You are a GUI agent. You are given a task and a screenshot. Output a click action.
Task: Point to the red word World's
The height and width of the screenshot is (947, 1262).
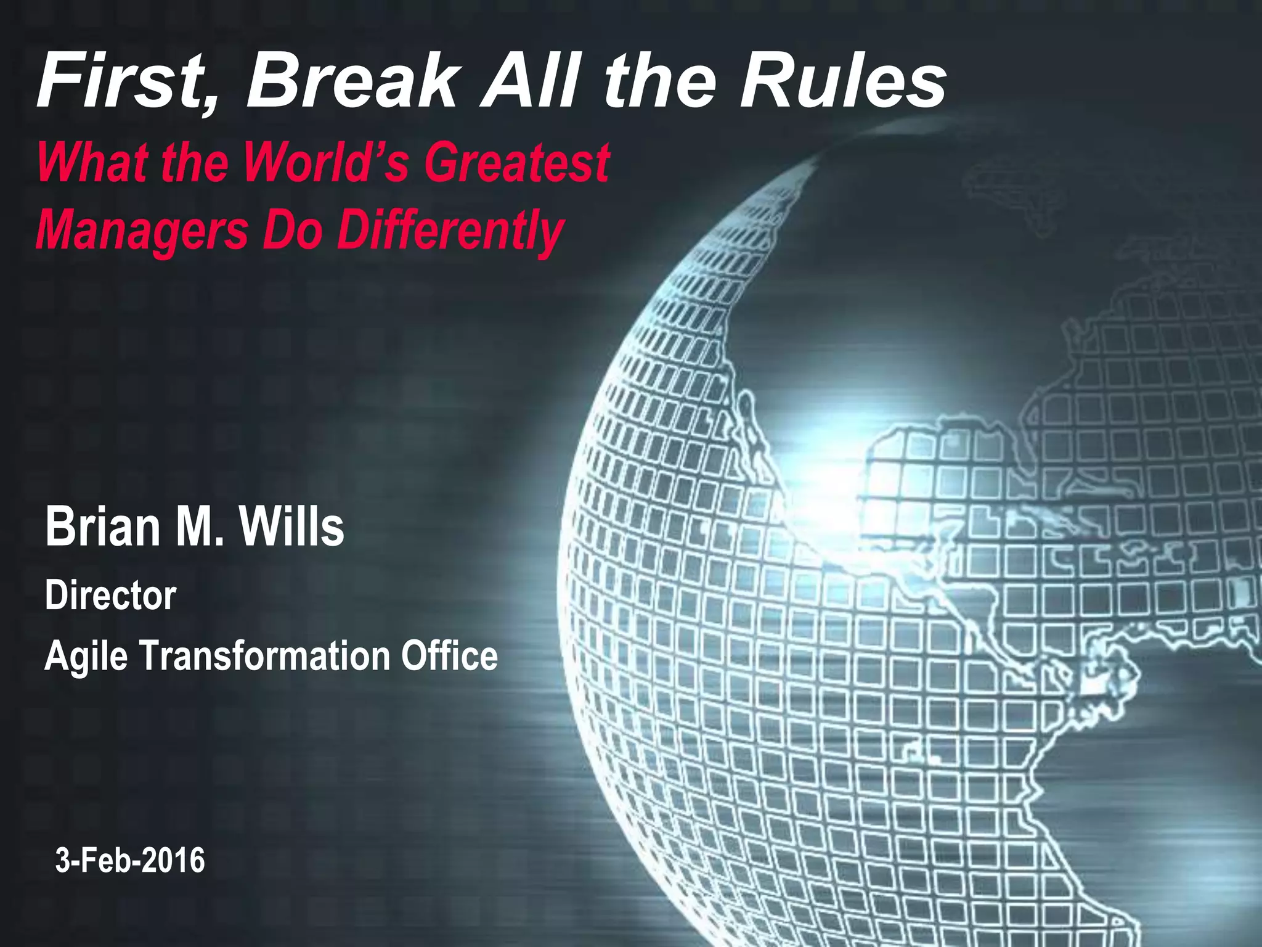pos(326,162)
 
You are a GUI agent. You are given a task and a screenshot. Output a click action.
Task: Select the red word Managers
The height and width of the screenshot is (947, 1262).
pos(142,230)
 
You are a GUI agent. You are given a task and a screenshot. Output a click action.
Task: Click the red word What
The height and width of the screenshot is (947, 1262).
pos(92,162)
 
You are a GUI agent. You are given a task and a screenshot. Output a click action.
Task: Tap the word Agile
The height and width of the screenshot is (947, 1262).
pos(86,656)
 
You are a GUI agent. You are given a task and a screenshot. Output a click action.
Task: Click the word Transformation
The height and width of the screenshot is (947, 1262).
pos(264,655)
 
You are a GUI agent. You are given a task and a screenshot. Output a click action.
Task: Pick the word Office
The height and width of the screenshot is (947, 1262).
pos(449,655)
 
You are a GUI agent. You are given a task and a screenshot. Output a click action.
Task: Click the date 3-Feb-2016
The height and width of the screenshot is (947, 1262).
pos(130,860)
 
